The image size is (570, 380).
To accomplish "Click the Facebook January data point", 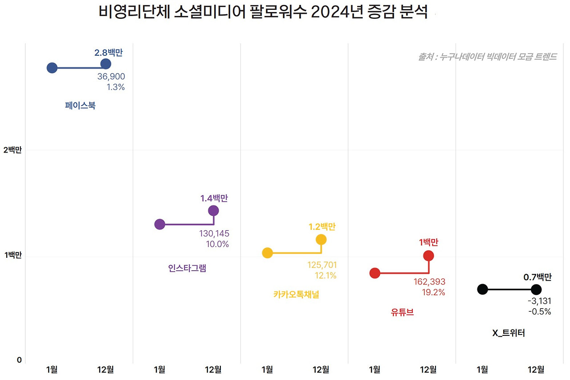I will coord(52,68).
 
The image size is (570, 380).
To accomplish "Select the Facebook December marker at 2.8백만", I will coord(106,64).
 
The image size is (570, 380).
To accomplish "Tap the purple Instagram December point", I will coord(213,211).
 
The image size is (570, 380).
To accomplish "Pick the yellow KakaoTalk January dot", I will coord(267,253).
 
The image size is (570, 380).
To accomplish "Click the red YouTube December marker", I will coord(428,256).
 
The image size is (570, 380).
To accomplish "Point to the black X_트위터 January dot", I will coord(482,289).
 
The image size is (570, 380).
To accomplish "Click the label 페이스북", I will coord(80,106).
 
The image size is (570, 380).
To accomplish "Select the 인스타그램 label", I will coord(187,268).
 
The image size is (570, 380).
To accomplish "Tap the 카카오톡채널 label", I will coord(296,294).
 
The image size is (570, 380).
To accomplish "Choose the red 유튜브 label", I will coord(402,312).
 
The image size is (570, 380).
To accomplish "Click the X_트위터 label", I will coord(508,333).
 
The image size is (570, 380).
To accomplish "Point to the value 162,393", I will coord(429,282).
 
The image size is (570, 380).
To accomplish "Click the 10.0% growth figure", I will coord(217,244).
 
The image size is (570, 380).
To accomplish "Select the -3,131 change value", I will coord(539,301).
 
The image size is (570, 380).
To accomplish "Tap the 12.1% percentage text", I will coord(326,276).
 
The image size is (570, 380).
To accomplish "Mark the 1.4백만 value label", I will coord(217,198).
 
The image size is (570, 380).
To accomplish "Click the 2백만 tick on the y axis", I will coord(12,150).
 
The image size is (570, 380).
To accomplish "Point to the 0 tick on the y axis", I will coord(19,360).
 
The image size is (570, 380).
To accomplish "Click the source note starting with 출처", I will coord(487,57).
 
